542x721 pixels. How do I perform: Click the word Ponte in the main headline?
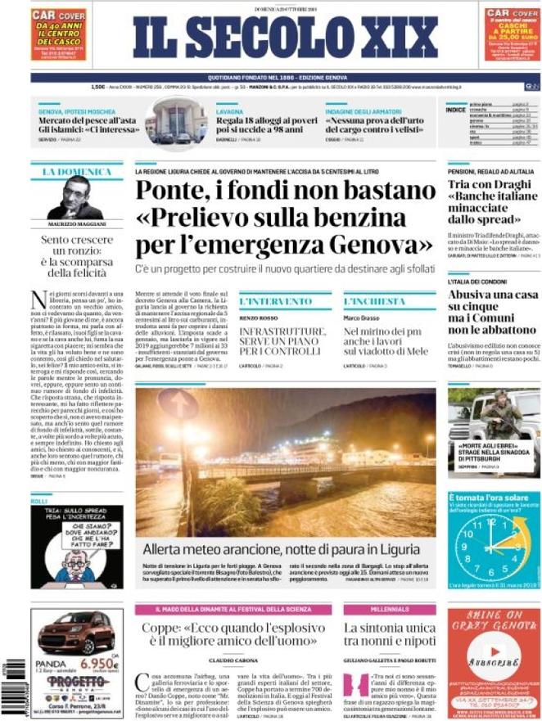179,190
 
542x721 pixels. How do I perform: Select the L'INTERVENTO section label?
267,301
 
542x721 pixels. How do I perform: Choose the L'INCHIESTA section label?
374,301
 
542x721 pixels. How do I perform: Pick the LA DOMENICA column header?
76,171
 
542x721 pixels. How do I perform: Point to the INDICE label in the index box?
455,110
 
